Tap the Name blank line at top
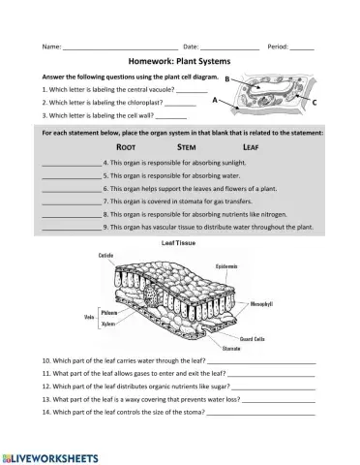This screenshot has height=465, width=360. tap(119, 46)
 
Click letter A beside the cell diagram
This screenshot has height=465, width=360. tap(214, 100)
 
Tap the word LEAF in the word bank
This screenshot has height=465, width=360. tap(251, 145)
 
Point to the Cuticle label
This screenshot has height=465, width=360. tap(107, 255)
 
